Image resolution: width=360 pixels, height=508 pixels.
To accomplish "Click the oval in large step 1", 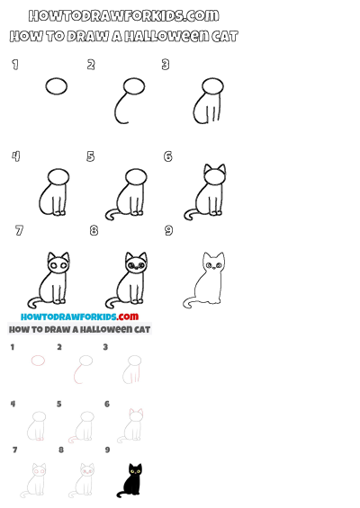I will (57, 86).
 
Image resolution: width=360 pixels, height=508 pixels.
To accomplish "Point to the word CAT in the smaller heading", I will (140, 329).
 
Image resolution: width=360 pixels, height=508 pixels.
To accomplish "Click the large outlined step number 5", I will (91, 156).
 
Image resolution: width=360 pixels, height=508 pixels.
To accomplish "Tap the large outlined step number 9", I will (168, 231).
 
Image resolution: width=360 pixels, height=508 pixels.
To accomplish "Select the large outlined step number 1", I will (14, 64).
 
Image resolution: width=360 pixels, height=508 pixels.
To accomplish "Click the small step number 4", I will (13, 404).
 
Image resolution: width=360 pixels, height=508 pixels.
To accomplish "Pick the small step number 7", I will (13, 450).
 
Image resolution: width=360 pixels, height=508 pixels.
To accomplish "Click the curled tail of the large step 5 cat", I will (111, 214).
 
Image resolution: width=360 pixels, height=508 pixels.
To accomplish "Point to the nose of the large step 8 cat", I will (136, 268).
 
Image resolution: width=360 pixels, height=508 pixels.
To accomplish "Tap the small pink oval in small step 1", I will (38, 361).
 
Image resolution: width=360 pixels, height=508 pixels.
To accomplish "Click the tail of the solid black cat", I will (120, 493).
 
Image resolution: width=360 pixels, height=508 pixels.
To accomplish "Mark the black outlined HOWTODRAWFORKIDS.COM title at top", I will (123, 15).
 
